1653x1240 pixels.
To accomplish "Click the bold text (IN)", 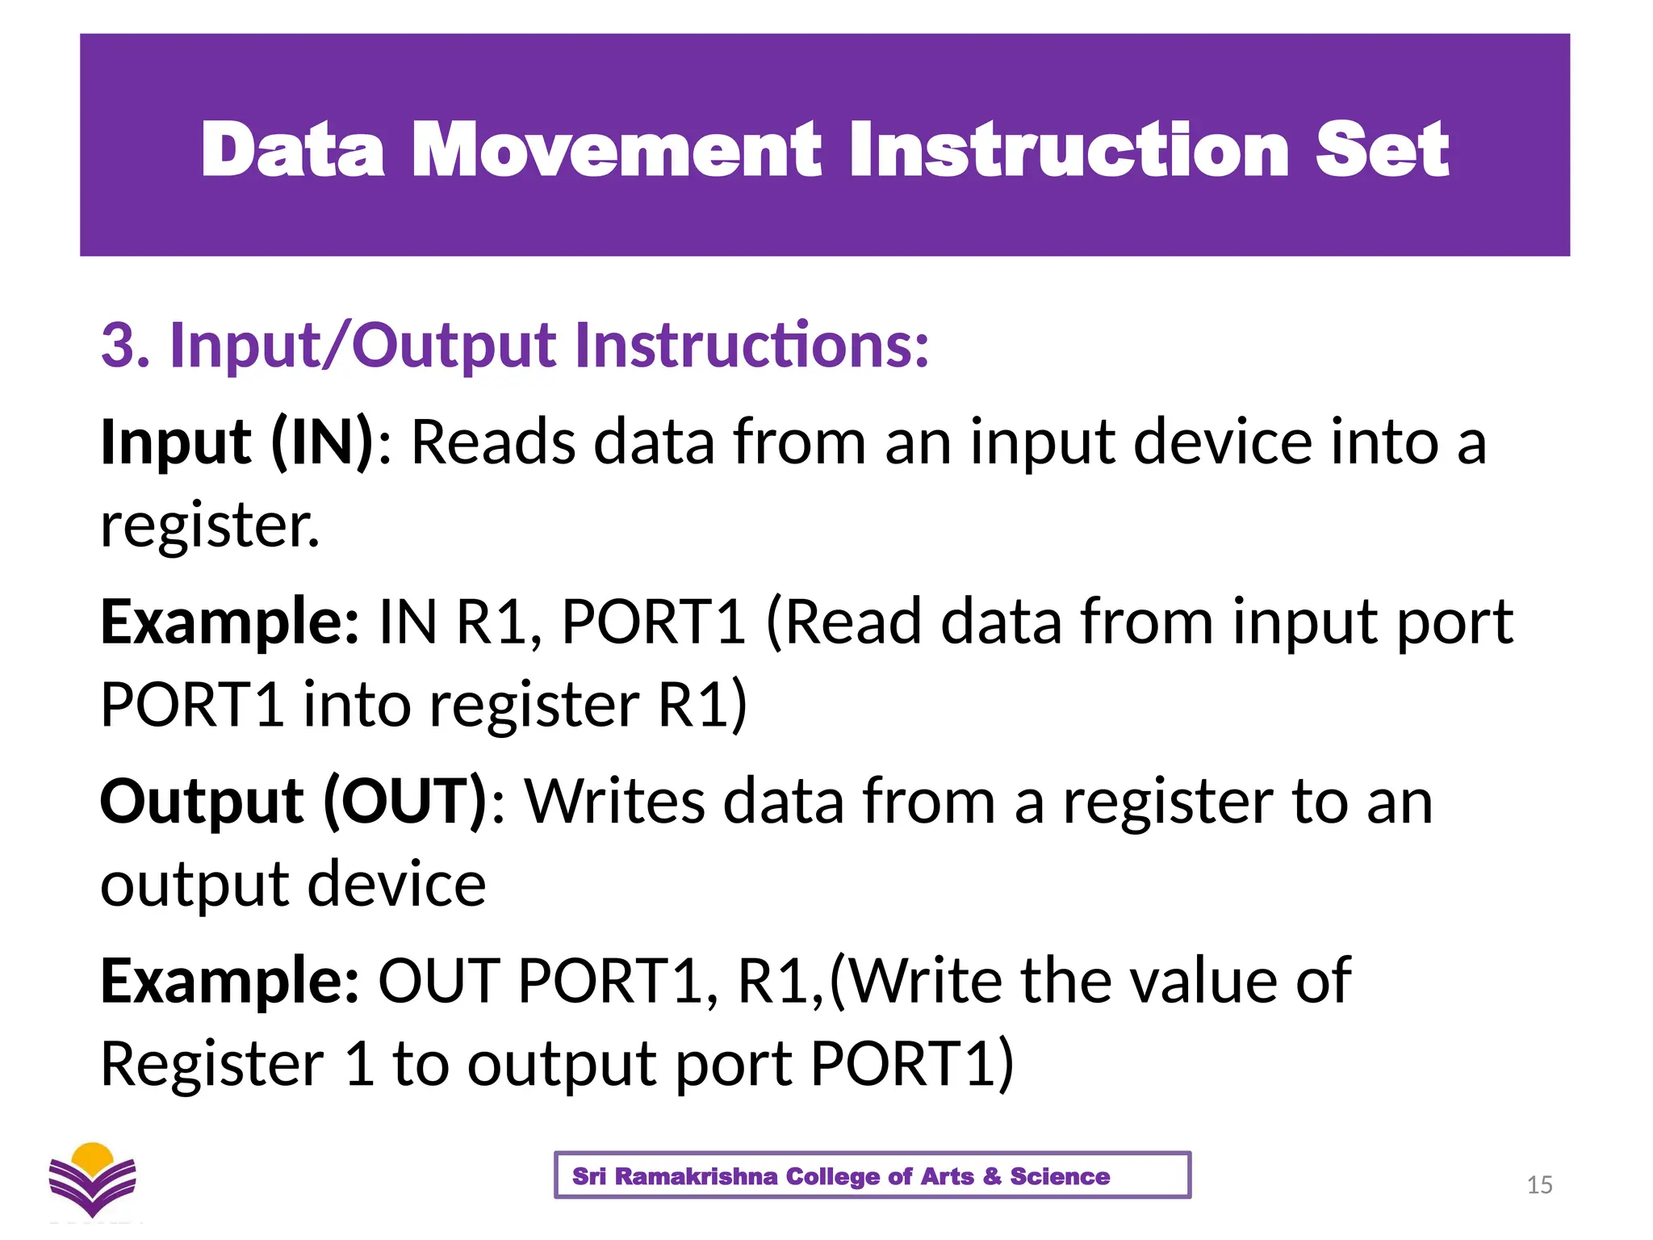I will [x=322, y=442].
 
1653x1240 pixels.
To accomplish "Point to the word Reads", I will [x=493, y=442].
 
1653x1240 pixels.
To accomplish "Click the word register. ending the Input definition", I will [x=210, y=526].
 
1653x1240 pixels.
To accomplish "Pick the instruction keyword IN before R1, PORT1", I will [x=408, y=622].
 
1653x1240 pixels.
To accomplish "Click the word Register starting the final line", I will [x=211, y=1064].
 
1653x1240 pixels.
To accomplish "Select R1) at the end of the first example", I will [x=702, y=705].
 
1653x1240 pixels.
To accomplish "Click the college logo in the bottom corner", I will [x=92, y=1179].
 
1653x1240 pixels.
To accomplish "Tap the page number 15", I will [x=1539, y=1185].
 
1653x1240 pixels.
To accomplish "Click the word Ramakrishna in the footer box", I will [x=696, y=1176].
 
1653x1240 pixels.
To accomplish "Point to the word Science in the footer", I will [x=1059, y=1176].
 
